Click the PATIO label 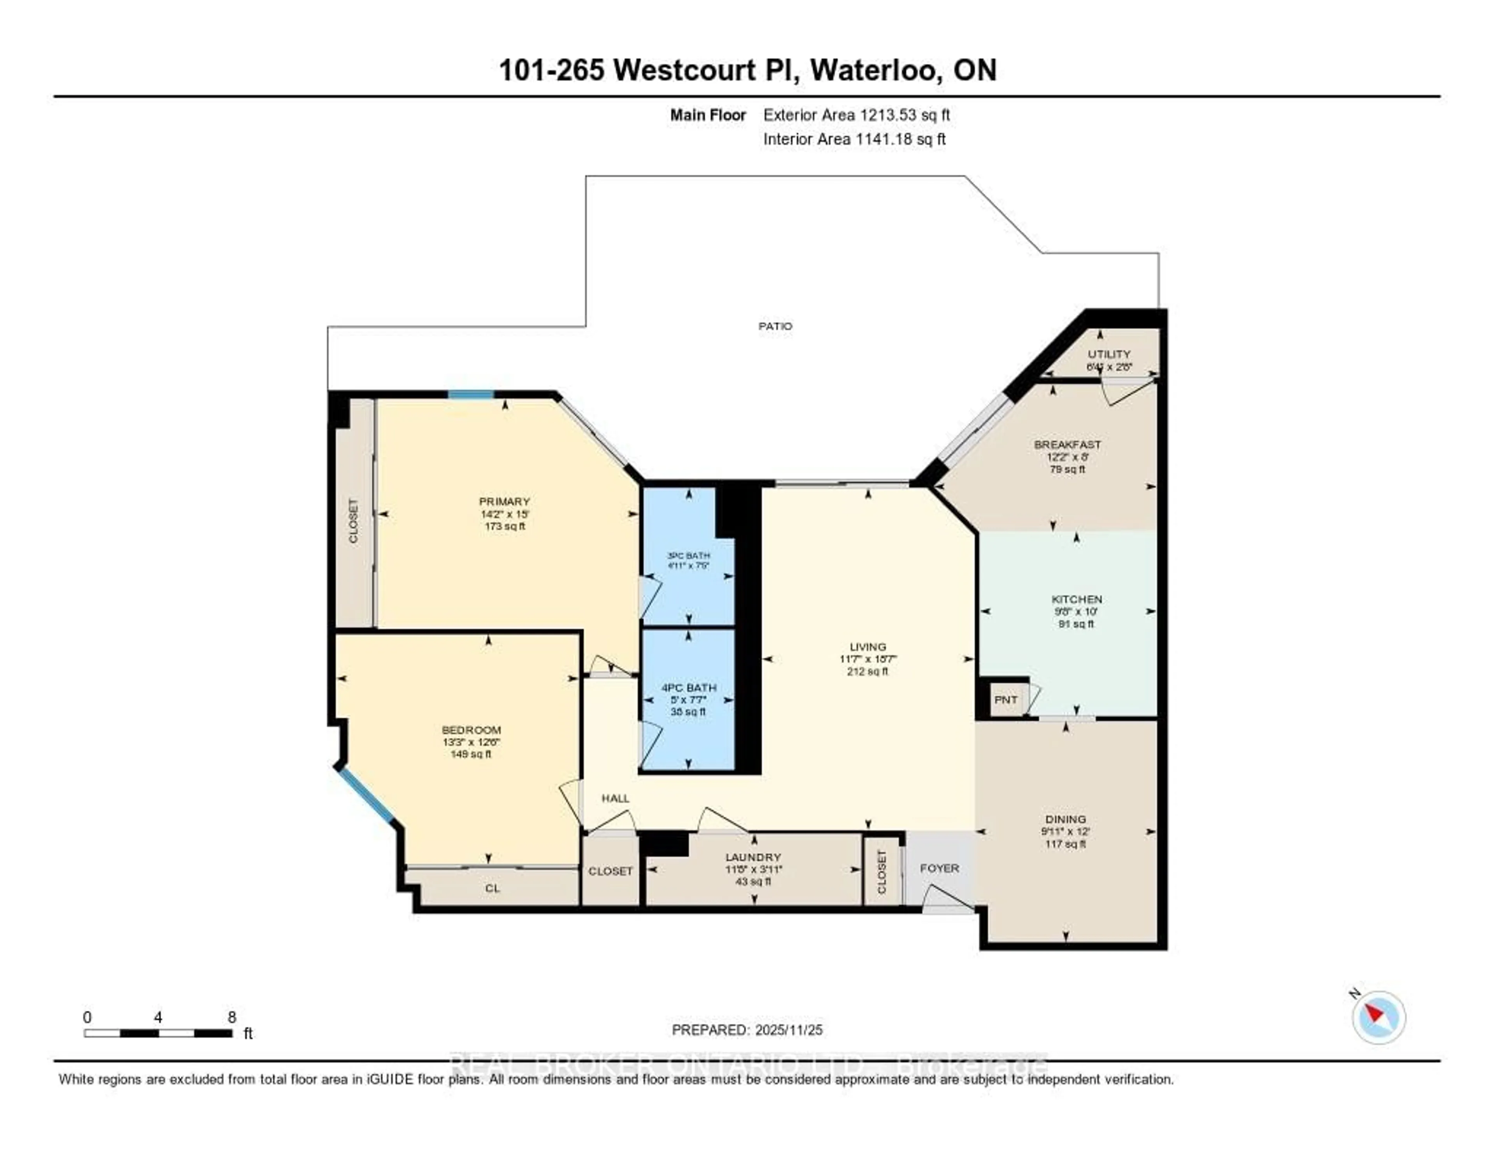pos(775,326)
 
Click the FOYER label pos(939,868)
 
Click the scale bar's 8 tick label pos(232,1017)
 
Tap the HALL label pos(615,798)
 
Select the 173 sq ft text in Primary pos(505,526)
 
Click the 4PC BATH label pos(688,687)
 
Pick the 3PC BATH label pos(688,556)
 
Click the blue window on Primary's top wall pos(471,395)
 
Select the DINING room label pos(1065,819)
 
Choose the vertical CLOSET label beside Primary pos(353,521)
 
